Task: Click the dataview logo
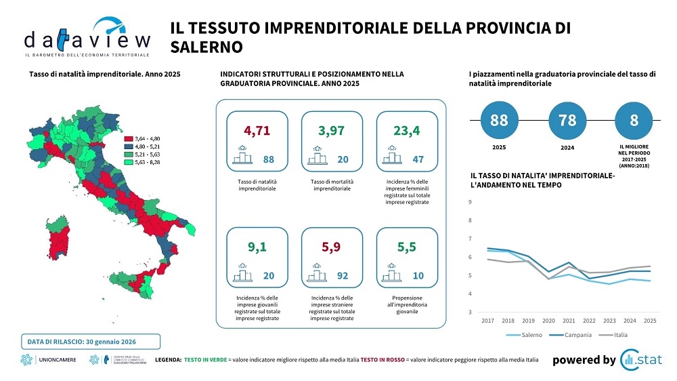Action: pyautogui.click(x=87, y=37)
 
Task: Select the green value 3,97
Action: pyautogui.click(x=331, y=129)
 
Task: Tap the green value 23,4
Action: pyautogui.click(x=406, y=129)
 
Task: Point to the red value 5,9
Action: pyautogui.click(x=331, y=247)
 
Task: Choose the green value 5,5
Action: pyautogui.click(x=406, y=247)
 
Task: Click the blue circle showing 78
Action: pyautogui.click(x=568, y=121)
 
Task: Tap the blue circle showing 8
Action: pyautogui.click(x=634, y=121)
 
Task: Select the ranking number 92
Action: pyautogui.click(x=343, y=276)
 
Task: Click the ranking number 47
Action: pyautogui.click(x=418, y=159)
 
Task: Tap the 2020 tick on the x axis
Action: pyautogui.click(x=548, y=320)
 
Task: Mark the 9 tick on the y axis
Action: pyautogui.click(x=471, y=202)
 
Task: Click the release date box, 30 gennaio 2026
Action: pyautogui.click(x=89, y=340)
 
